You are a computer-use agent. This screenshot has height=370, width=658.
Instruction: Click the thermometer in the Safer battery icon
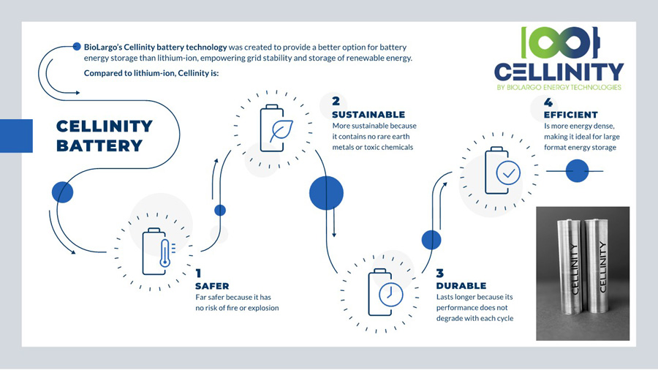[165, 254]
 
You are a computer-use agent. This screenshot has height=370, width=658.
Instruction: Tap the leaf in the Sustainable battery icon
[281, 131]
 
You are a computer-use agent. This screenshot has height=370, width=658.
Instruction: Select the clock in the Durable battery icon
[390, 294]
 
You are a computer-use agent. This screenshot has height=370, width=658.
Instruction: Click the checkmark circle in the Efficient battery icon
[508, 173]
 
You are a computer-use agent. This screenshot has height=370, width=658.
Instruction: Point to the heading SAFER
[212, 286]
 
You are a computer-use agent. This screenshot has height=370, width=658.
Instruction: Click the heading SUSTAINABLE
[368, 115]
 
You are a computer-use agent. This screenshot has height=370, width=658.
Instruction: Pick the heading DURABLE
[461, 286]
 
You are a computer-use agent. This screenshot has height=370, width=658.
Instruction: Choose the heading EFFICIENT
[571, 115]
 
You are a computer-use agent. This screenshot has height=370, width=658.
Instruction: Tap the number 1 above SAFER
[198, 273]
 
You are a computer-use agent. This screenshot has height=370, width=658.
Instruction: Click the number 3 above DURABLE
[440, 273]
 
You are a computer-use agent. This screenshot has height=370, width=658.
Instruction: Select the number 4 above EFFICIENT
[548, 102]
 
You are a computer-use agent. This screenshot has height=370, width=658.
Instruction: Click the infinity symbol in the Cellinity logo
[560, 42]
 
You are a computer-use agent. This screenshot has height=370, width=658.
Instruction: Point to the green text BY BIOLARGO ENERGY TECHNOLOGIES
[559, 87]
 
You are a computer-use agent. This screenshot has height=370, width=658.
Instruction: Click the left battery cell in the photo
[570, 267]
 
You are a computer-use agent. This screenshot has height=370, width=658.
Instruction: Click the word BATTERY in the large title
[99, 146]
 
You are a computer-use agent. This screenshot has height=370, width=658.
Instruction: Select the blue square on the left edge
[16, 136]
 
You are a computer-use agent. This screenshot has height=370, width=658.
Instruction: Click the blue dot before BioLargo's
[76, 47]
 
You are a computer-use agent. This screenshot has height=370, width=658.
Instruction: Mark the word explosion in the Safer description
[263, 308]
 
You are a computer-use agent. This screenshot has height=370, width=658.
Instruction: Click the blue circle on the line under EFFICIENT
[577, 170]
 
